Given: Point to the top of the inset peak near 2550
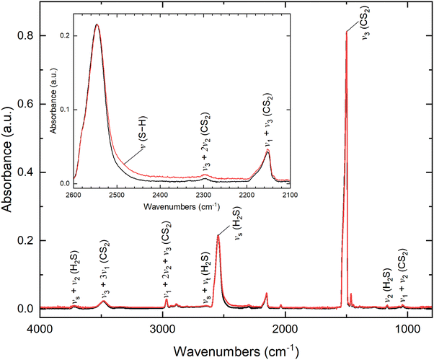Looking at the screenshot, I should click(97, 25).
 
